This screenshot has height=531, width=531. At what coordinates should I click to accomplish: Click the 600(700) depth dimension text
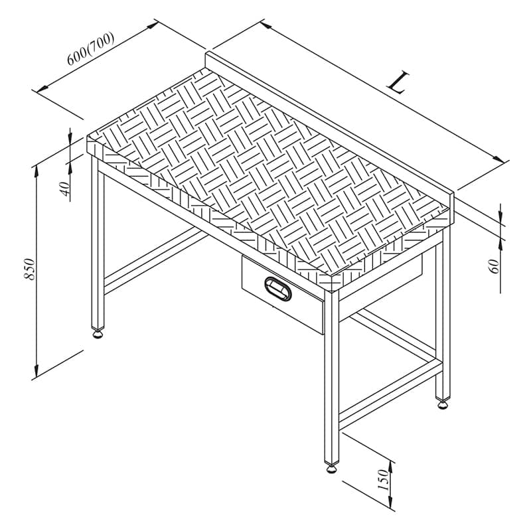tap(90, 49)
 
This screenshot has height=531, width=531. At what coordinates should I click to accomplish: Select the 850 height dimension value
tap(29, 269)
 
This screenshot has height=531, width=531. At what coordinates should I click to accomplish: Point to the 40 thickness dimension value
tap(65, 189)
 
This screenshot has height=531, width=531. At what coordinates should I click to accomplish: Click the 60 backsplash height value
tap(494, 266)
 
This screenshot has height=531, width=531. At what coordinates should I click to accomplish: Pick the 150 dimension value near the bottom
tap(382, 479)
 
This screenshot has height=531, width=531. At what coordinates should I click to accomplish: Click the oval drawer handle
tap(278, 289)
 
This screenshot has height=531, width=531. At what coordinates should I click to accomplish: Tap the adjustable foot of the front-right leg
tap(332, 469)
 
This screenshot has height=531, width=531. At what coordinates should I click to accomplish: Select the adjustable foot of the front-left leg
tap(98, 335)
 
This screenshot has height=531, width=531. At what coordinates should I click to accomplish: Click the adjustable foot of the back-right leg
tap(443, 405)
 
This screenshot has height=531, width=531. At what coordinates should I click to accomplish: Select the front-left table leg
tap(98, 242)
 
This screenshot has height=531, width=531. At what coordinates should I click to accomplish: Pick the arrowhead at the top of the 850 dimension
tap(37, 172)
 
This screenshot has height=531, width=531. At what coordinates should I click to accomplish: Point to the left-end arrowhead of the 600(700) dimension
tap(42, 89)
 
